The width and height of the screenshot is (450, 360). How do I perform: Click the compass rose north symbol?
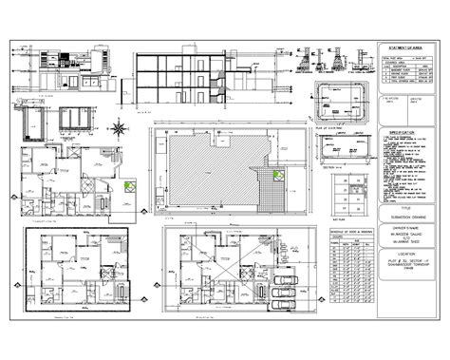pos(119,127)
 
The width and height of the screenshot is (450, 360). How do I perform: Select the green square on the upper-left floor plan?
pos(129,184)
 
